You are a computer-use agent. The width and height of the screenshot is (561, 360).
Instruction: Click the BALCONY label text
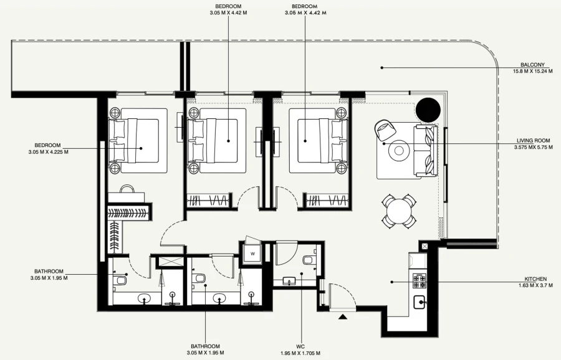[x=533, y=65]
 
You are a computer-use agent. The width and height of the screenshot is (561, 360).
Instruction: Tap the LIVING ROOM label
[x=533, y=141]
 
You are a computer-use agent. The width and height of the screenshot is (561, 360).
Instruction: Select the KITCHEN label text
[x=535, y=279]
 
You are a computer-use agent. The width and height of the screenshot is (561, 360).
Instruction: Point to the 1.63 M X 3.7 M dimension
[x=535, y=286]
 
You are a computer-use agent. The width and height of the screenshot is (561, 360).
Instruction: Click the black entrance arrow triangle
[x=342, y=317]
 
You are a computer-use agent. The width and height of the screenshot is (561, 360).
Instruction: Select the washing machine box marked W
[x=253, y=253]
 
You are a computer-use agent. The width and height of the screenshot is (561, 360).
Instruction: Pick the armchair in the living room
[x=383, y=130]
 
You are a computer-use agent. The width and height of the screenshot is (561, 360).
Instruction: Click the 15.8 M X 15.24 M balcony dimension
[x=533, y=72]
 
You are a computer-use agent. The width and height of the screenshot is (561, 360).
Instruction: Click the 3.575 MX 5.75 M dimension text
[x=533, y=148]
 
